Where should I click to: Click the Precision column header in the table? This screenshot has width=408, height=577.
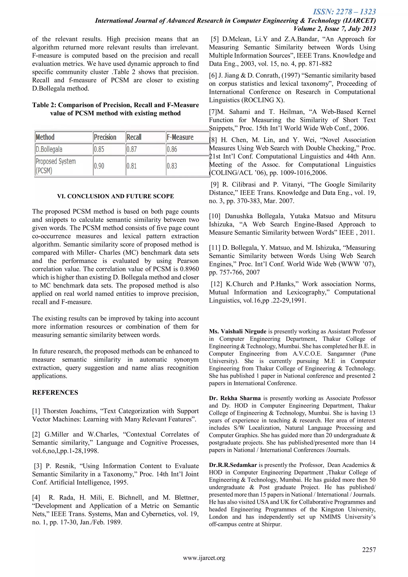coord(105,137)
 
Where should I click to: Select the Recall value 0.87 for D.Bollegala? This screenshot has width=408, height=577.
coord(132,149)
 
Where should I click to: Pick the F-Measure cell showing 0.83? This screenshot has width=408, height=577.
coord(172,166)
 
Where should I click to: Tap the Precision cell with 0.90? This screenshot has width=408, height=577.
coord(99,166)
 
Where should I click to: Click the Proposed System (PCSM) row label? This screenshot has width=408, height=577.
coord(56,166)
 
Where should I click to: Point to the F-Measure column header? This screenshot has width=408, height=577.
coord(180,137)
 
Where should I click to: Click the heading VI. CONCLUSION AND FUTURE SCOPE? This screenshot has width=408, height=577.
coord(115,196)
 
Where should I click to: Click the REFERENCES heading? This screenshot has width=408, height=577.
coord(55,393)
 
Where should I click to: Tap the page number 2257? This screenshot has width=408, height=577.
coord(369,550)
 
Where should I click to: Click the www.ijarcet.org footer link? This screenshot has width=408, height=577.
coord(204,558)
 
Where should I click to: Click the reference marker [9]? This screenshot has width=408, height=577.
coord(215,184)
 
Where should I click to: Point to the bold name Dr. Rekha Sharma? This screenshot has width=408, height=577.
coord(235,398)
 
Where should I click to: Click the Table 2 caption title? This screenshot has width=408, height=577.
coord(115,109)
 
